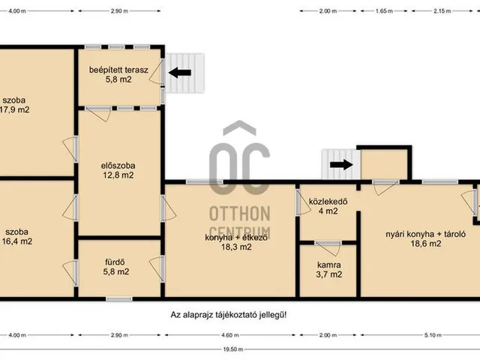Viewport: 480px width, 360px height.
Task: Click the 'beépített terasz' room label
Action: point(118,70)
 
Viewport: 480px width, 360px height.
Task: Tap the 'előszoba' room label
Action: point(118,166)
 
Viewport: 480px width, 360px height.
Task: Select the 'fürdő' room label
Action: point(115,262)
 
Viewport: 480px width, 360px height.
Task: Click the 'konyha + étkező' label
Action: point(236,237)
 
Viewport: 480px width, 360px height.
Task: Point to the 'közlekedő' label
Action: point(328,202)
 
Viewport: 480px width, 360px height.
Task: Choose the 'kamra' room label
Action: point(329,265)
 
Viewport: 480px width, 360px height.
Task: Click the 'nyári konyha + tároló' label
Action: point(426,234)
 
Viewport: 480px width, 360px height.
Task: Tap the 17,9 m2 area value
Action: point(15,109)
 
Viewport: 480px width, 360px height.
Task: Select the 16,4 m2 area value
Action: point(17,241)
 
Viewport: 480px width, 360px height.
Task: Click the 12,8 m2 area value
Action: point(118,175)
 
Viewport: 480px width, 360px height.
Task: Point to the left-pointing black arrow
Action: point(180,73)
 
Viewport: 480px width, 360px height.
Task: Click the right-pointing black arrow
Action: point(342,165)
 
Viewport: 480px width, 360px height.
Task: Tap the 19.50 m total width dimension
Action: point(233,349)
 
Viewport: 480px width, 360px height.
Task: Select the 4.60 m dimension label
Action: point(230,335)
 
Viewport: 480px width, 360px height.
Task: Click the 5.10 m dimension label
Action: point(433,335)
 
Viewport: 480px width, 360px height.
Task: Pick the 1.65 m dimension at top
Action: point(384,11)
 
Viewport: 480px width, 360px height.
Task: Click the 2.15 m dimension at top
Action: point(442,11)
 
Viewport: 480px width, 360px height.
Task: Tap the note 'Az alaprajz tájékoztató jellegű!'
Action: point(229,315)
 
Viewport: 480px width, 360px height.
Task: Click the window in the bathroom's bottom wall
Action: point(119,299)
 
